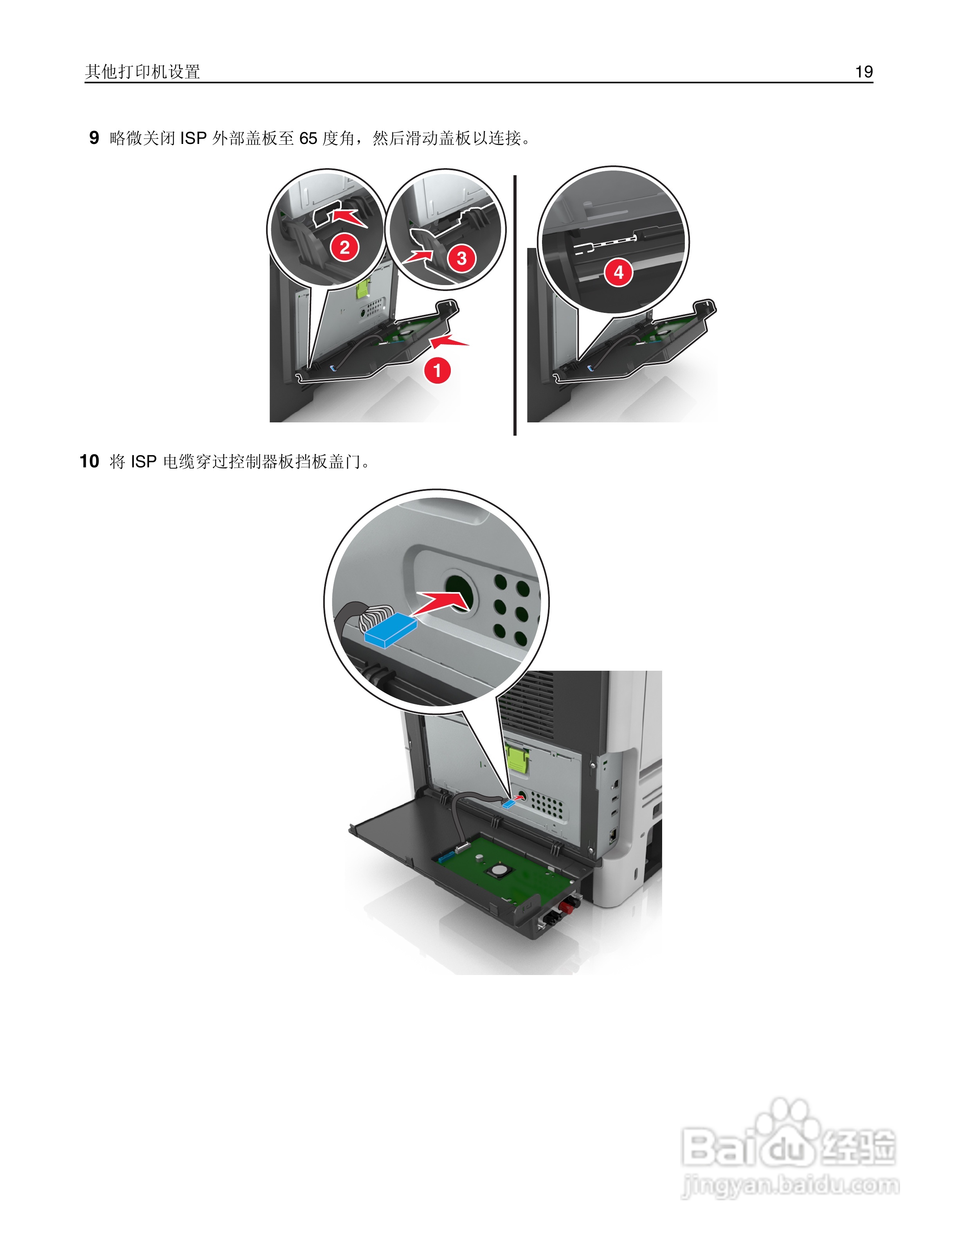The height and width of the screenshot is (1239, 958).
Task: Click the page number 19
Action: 863,72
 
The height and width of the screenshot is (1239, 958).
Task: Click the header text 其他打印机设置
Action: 142,72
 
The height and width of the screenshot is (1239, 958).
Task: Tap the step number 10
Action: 89,461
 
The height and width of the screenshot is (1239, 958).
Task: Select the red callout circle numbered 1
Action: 437,370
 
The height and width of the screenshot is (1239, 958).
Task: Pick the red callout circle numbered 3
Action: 461,259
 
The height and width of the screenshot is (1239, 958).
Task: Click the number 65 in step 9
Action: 308,138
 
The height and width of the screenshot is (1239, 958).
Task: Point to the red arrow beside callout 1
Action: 450,341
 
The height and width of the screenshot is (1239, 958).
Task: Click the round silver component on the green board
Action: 499,869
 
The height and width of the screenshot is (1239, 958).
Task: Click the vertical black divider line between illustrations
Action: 515,306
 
